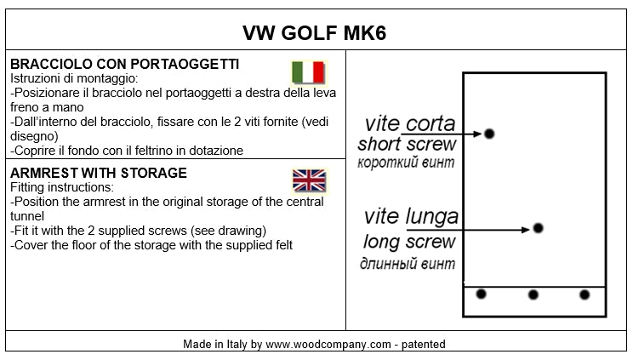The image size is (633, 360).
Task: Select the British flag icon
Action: (309, 180)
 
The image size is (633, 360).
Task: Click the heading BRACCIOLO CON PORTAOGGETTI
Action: (124, 64)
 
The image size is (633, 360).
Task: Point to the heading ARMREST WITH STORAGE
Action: (98, 173)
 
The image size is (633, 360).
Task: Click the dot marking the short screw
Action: (489, 134)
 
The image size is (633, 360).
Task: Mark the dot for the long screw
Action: (537, 228)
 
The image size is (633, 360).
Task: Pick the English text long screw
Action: (409, 242)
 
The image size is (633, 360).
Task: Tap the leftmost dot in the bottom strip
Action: (481, 294)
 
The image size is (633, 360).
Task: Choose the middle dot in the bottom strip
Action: (533, 294)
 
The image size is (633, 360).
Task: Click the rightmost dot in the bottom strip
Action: (585, 294)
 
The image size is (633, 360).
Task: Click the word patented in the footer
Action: (422, 345)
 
